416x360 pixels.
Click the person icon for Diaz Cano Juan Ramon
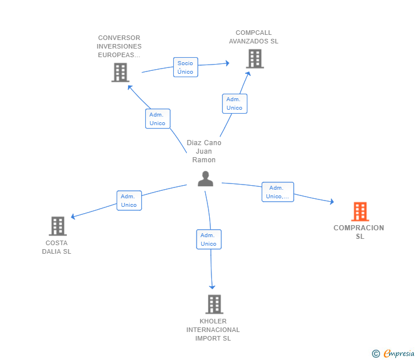coord(205,179)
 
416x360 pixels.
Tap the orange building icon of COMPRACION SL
coord(359,211)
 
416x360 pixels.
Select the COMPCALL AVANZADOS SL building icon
coord(254,58)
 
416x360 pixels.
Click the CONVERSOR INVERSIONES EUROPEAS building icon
coord(120,73)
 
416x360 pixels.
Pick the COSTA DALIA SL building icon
coord(57,226)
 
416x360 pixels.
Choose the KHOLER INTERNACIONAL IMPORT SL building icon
coord(214,304)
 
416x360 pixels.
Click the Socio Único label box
coord(185,67)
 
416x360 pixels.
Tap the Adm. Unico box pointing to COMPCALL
coord(234,103)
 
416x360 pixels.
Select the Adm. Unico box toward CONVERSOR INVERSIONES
coord(157,119)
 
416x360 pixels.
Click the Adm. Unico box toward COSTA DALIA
coord(129,201)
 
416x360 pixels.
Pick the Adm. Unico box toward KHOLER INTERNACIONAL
coord(208,239)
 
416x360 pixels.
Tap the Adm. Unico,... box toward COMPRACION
coord(277,192)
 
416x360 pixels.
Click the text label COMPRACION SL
coord(359,232)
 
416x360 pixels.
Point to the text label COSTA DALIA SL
coord(57,247)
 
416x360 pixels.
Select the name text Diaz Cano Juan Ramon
coord(204,151)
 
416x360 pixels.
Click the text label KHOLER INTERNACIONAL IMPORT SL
coord(213,330)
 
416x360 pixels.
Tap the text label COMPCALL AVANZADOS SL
coord(254,37)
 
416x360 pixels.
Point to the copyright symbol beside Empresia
coord(375,354)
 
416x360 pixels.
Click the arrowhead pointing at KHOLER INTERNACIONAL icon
coord(212,286)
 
